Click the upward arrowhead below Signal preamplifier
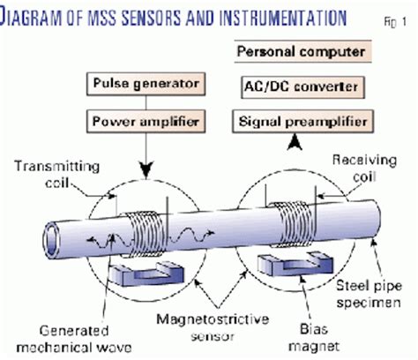coord(304,140)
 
